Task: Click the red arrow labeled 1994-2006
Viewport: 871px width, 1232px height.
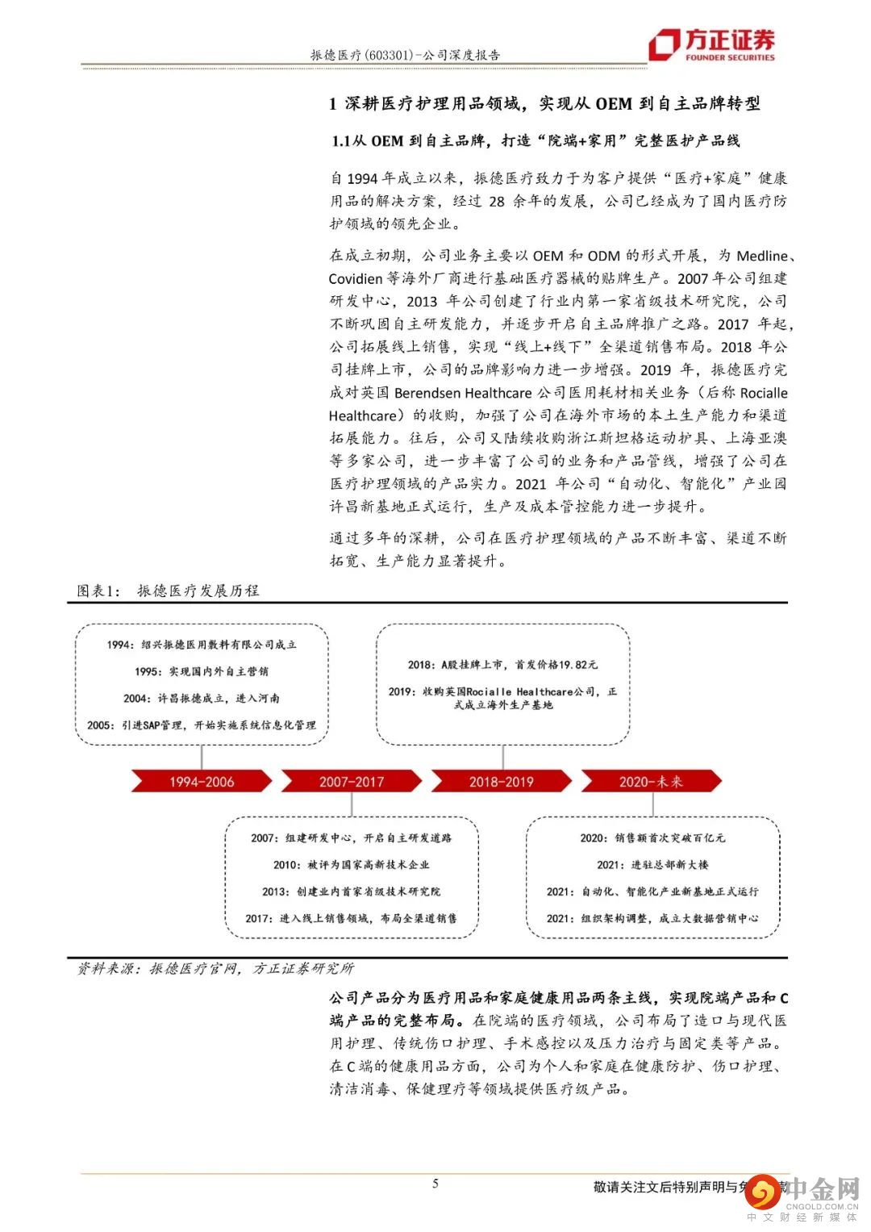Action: (201, 781)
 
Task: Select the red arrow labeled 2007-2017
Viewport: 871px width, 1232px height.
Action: (352, 781)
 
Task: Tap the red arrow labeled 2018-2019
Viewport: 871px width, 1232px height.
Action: (501, 781)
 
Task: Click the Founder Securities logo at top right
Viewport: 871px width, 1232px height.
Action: (713, 44)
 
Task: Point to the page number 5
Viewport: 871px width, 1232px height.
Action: (435, 1184)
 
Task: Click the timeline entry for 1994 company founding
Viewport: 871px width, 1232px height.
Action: (202, 645)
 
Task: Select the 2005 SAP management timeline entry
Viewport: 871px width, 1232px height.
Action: (202, 725)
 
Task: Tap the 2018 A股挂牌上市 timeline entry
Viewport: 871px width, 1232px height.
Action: (502, 665)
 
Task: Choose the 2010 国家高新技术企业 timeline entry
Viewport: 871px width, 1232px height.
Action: (351, 864)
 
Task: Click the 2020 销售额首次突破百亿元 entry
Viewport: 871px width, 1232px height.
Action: (652, 837)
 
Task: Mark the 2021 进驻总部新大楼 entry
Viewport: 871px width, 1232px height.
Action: (652, 864)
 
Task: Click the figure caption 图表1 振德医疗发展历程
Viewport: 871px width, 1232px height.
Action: (169, 591)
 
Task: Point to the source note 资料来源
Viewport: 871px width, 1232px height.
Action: (215, 968)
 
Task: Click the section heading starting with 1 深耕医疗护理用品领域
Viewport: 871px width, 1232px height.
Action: (544, 103)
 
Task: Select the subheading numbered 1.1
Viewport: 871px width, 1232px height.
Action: (536, 140)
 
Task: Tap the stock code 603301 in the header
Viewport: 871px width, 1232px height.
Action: (390, 55)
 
